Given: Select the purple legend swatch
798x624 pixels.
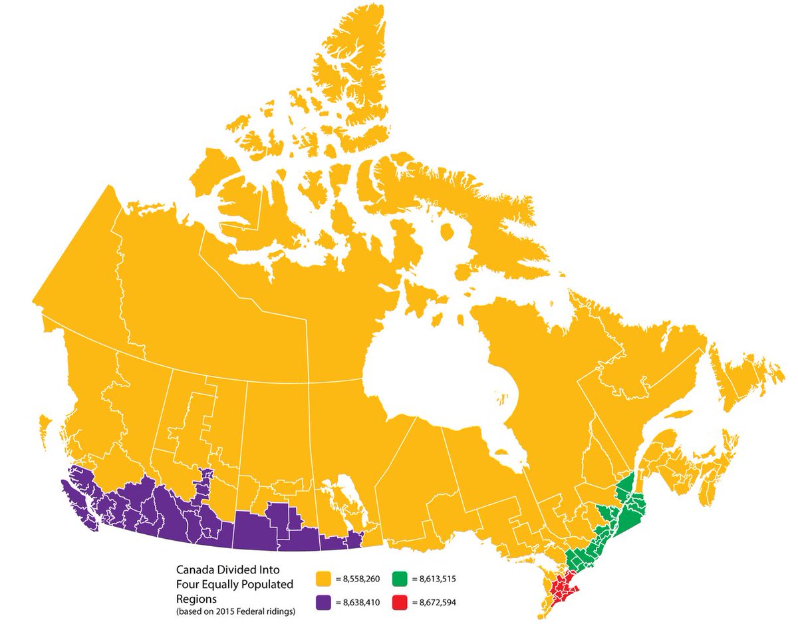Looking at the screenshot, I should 324,603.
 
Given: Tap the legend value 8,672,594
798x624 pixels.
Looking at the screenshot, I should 438,603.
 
